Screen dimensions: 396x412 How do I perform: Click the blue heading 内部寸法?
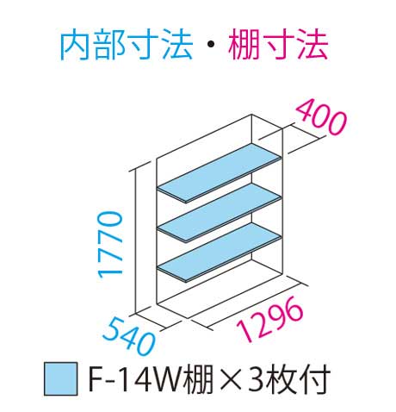point(127,46)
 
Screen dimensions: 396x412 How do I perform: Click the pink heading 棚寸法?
point(278,46)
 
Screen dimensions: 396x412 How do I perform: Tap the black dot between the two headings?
point(210,46)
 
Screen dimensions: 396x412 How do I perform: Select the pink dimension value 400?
point(321,118)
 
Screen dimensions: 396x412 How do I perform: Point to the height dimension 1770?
point(110,245)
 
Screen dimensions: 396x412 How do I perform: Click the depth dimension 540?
point(128,335)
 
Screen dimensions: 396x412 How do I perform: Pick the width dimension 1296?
point(269,320)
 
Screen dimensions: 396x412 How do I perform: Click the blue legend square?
point(61,378)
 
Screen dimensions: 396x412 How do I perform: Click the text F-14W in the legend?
point(136,379)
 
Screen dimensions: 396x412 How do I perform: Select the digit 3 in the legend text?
point(257,379)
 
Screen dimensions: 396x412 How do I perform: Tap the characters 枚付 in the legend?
point(299,379)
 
